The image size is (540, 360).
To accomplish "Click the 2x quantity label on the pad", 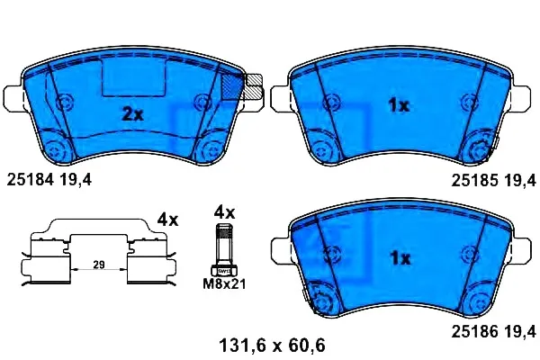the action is pos(133,114).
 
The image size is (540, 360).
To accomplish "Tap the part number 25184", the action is pos(31,179).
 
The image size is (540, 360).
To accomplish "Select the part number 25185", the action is pos(475,180).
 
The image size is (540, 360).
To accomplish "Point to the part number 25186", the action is pos(475,332).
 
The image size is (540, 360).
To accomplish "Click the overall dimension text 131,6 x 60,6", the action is pos(272,346).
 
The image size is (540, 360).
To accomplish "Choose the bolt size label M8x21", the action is pos(224,284).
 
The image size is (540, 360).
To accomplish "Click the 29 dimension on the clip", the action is pos(99,265).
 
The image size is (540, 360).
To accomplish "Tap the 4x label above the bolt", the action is pos(224,212).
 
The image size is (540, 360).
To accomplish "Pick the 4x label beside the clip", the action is pos(167,220).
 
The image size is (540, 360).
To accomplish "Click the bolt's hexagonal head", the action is pos(224,271).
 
